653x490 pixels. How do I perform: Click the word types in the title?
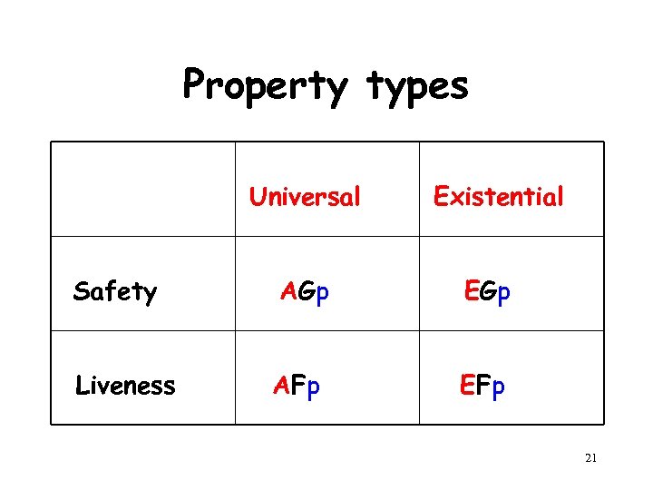(418, 86)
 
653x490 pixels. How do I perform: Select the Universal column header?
(305, 196)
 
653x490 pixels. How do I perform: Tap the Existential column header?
(498, 196)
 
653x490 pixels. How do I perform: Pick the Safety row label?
(115, 291)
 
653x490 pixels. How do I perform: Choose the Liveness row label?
(125, 386)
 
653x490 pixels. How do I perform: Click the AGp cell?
(305, 291)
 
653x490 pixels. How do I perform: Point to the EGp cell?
(487, 291)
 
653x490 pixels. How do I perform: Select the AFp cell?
(297, 386)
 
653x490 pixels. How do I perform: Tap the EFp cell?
(482, 386)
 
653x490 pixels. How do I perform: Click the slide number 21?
(590, 458)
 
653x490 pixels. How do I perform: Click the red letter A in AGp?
(288, 291)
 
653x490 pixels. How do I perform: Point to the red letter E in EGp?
(471, 291)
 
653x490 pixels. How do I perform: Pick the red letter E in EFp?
(467, 386)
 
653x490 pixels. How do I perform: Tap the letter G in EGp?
(488, 291)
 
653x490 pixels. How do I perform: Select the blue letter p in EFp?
(499, 387)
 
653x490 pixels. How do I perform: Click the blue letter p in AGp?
(322, 293)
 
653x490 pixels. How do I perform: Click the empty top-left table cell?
(142, 189)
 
